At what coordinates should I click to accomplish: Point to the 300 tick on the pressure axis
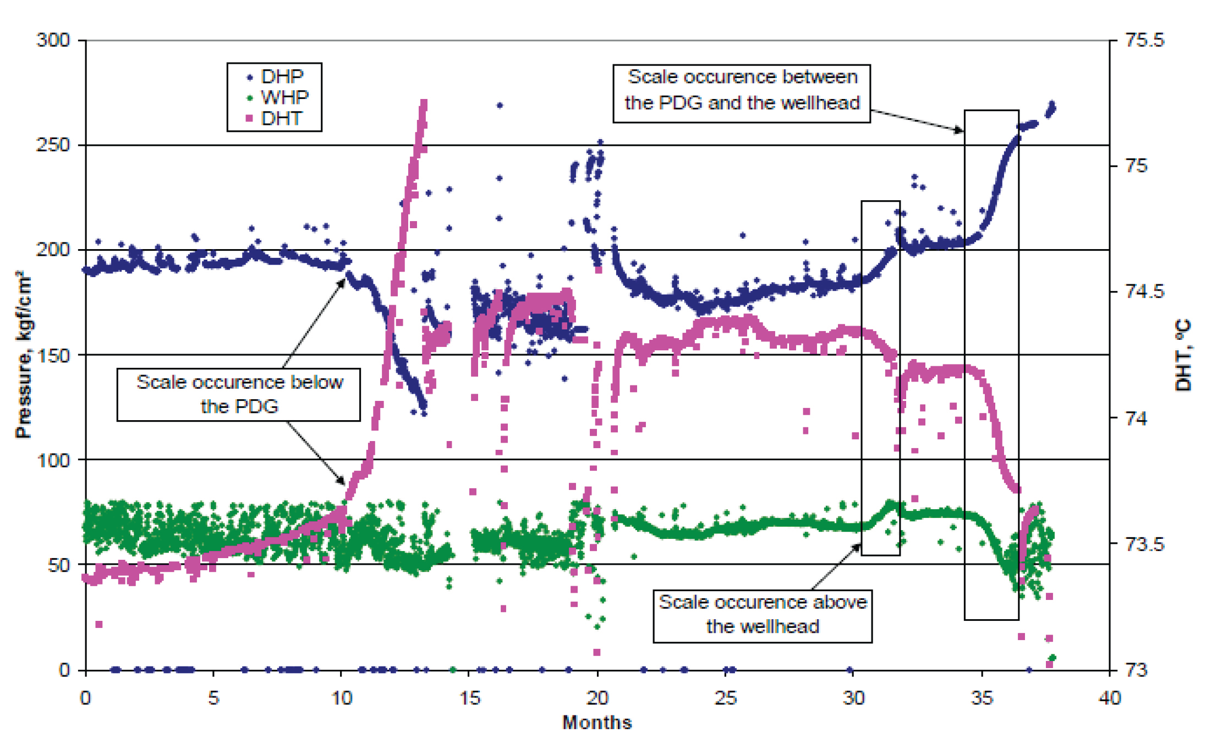53,40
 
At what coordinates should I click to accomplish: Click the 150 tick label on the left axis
53,355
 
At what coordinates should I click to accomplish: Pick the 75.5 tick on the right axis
1145,40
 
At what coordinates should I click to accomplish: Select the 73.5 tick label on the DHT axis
1145,544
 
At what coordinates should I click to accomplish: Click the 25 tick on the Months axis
726,698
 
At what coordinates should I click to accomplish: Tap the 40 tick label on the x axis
1109,698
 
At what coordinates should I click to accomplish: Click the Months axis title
597,722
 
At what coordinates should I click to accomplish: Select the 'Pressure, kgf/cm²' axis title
23,355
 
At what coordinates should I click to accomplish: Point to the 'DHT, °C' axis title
1183,355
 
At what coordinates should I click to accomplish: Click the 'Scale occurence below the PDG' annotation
239,394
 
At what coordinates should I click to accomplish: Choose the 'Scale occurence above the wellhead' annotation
763,614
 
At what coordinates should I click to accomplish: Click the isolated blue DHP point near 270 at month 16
500,105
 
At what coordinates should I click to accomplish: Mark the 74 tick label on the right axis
1136,418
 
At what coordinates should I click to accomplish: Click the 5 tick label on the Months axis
213,698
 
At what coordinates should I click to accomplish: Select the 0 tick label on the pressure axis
64,670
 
